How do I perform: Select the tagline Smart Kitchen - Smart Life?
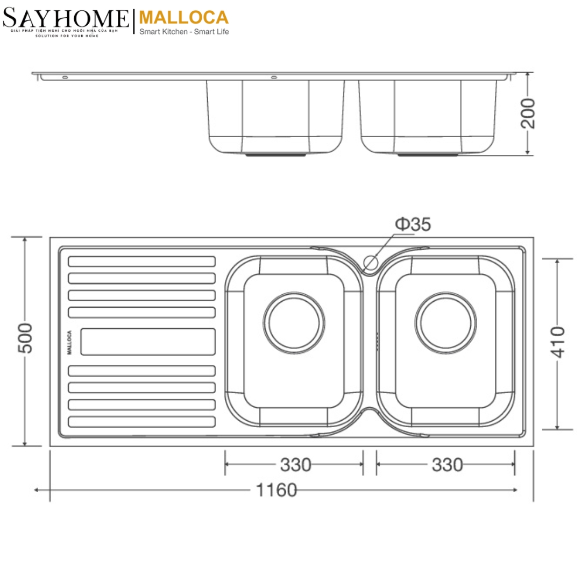tap(184, 33)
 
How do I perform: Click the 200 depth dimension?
tap(529, 113)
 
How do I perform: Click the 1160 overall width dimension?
tap(276, 490)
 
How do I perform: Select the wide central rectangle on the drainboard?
tap(148, 342)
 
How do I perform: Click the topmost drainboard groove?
tap(142, 261)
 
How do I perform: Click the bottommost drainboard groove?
tap(142, 422)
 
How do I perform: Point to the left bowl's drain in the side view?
tap(275, 155)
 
